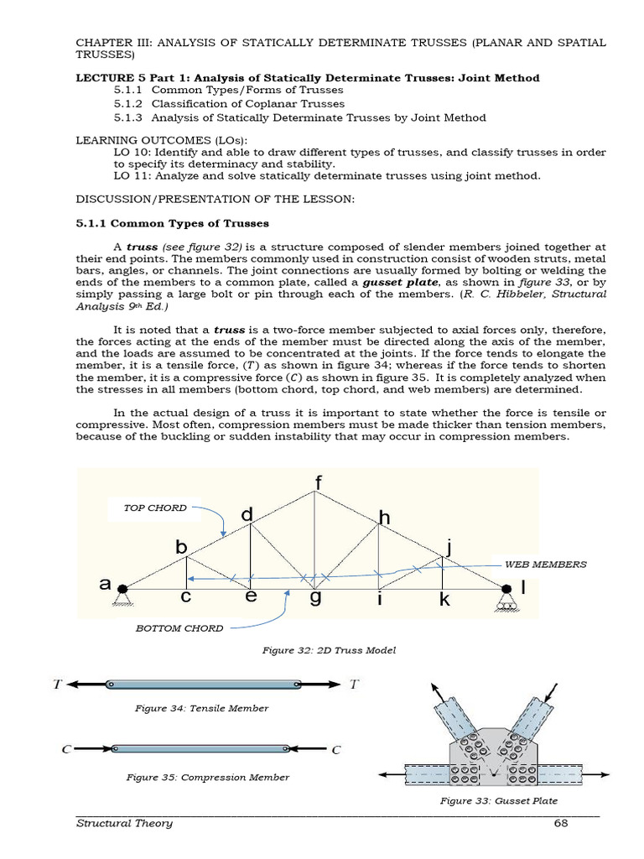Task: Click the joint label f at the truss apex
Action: pyautogui.click(x=318, y=483)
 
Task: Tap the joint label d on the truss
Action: pyautogui.click(x=247, y=516)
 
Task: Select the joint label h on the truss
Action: pyautogui.click(x=384, y=518)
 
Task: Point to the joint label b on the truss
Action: pyautogui.click(x=181, y=547)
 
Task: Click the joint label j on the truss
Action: pyautogui.click(x=449, y=548)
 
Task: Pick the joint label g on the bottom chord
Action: pyautogui.click(x=316, y=599)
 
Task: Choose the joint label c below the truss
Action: pyautogui.click(x=186, y=598)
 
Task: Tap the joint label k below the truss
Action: pyautogui.click(x=444, y=599)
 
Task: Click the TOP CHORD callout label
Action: pyautogui.click(x=155, y=508)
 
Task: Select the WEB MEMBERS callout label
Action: pyautogui.click(x=544, y=565)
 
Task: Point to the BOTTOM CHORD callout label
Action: pyautogui.click(x=179, y=628)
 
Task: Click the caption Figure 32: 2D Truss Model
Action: pyautogui.click(x=317, y=650)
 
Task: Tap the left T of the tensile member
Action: pyautogui.click(x=58, y=684)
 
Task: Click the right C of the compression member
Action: pyautogui.click(x=335, y=749)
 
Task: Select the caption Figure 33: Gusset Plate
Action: pyautogui.click(x=499, y=800)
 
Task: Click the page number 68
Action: pyautogui.click(x=562, y=823)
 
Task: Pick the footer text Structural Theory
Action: pyautogui.click(x=124, y=823)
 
